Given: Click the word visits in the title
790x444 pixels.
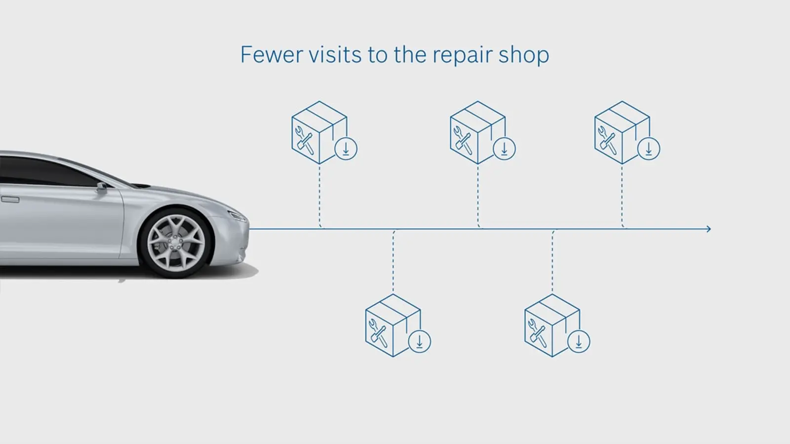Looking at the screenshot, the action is click(x=335, y=55).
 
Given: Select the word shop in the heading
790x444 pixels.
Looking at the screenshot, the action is click(x=524, y=56).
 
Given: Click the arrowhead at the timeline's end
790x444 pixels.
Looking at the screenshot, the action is click(x=709, y=229).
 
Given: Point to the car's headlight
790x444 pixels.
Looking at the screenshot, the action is click(x=237, y=216).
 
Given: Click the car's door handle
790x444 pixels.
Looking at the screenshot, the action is click(x=10, y=200).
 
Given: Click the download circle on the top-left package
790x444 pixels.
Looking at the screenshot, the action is click(x=346, y=148).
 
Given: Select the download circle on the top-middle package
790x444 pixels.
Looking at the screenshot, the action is click(x=504, y=148).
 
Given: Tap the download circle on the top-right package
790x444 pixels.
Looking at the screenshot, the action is click(x=649, y=148).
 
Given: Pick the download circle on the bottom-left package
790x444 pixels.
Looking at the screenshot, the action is click(x=419, y=341).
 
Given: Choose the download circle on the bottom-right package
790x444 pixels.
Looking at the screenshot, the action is click(x=579, y=341).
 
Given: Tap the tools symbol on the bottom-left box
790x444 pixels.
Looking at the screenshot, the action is click(x=378, y=333).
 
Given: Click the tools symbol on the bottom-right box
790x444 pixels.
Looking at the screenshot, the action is click(x=538, y=333).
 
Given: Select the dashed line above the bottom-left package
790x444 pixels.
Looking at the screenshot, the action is click(x=393, y=261).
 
